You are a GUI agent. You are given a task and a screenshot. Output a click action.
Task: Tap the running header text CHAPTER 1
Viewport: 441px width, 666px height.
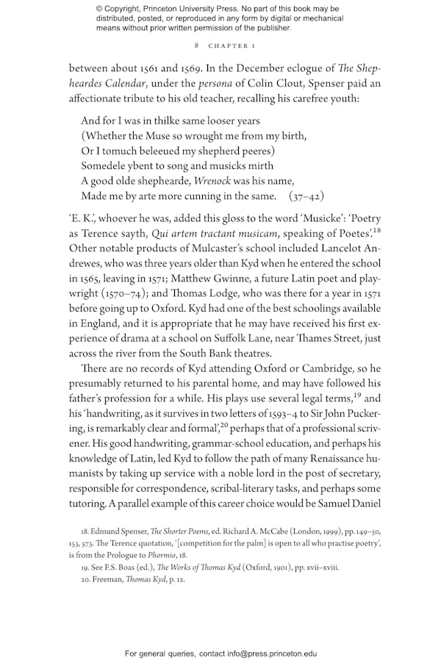coord(232,46)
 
